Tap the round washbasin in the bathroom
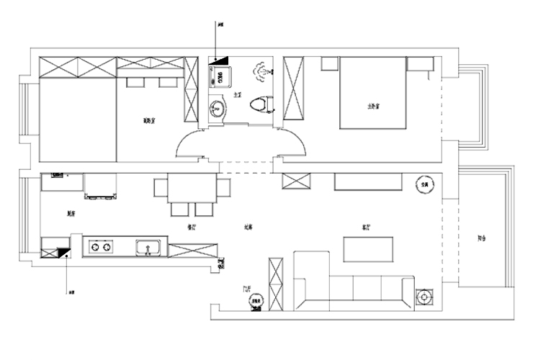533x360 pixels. (x=217, y=109)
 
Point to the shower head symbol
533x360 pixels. (x=260, y=71)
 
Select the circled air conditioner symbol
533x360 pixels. (x=424, y=185)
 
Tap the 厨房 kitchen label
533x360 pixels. (x=71, y=213)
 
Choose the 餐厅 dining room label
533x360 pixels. (x=192, y=226)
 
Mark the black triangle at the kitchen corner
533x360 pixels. (x=65, y=252)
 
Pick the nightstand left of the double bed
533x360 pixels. (x=328, y=65)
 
